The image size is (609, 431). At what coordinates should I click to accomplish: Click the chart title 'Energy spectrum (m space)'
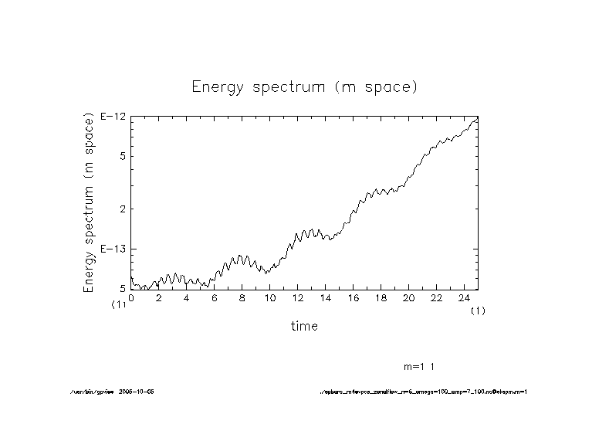coord(304,87)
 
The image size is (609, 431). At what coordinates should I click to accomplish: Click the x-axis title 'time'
coord(304,326)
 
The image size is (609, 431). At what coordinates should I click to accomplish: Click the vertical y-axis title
coord(88,203)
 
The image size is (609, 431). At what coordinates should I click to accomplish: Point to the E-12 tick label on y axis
coord(113,117)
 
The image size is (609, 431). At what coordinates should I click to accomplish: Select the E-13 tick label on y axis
coord(113,249)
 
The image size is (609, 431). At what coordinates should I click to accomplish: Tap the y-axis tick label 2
coord(122,209)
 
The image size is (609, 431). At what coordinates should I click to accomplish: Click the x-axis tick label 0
coord(131,297)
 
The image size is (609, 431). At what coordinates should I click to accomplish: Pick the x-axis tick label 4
coord(187,297)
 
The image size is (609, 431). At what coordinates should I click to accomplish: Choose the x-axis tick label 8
coord(242,297)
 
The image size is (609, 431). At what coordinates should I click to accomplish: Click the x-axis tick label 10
coord(270,297)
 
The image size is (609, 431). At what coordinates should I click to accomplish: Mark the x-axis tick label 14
coord(325,297)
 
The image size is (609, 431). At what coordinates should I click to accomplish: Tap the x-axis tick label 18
coord(381,297)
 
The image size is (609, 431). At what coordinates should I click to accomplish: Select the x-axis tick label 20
coord(408,297)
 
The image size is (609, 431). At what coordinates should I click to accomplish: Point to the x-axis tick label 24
coord(464,297)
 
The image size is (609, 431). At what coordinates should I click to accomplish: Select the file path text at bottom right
coord(423,392)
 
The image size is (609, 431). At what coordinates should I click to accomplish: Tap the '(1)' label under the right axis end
coord(479,310)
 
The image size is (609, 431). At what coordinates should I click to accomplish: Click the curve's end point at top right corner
coord(478,117)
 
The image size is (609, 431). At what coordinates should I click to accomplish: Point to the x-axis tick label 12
coord(297,297)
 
